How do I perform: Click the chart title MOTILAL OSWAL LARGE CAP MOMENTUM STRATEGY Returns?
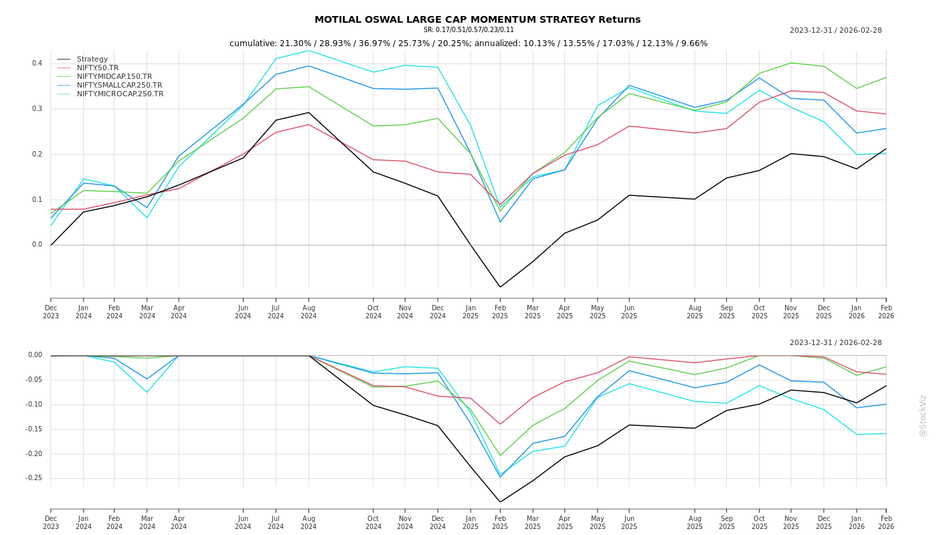pos(477,19)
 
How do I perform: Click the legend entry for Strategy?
pos(92,60)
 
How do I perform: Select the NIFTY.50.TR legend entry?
pos(98,68)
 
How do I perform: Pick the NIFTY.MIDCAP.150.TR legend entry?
pos(114,77)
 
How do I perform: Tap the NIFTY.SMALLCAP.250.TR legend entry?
pos(119,86)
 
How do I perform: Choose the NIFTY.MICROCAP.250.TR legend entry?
pos(120,94)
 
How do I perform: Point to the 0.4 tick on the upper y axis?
pos(37,64)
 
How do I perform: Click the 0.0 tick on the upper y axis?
pos(37,245)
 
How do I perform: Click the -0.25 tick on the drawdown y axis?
pos(34,478)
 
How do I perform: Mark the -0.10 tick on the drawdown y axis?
pos(34,405)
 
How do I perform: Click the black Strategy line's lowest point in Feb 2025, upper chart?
pos(500,287)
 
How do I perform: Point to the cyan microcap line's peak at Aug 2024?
pos(309,51)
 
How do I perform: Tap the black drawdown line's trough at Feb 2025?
pos(500,502)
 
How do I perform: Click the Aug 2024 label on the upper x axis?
pos(309,312)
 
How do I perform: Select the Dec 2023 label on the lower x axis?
pos(51,522)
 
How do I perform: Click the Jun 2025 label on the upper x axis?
pos(628,312)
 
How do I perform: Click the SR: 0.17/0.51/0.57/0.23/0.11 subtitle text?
pos(468,30)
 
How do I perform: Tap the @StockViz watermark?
pos(923,415)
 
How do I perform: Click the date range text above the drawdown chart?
pos(835,343)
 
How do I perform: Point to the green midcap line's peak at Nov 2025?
pos(791,63)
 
